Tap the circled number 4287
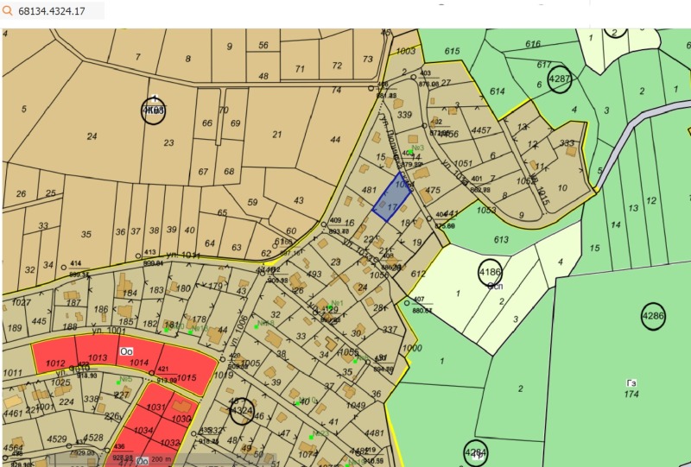560,79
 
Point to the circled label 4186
490,272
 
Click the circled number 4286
653,317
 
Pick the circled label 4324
243,411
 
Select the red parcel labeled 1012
55,363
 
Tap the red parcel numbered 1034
143,431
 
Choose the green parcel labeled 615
453,52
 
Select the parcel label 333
567,143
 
